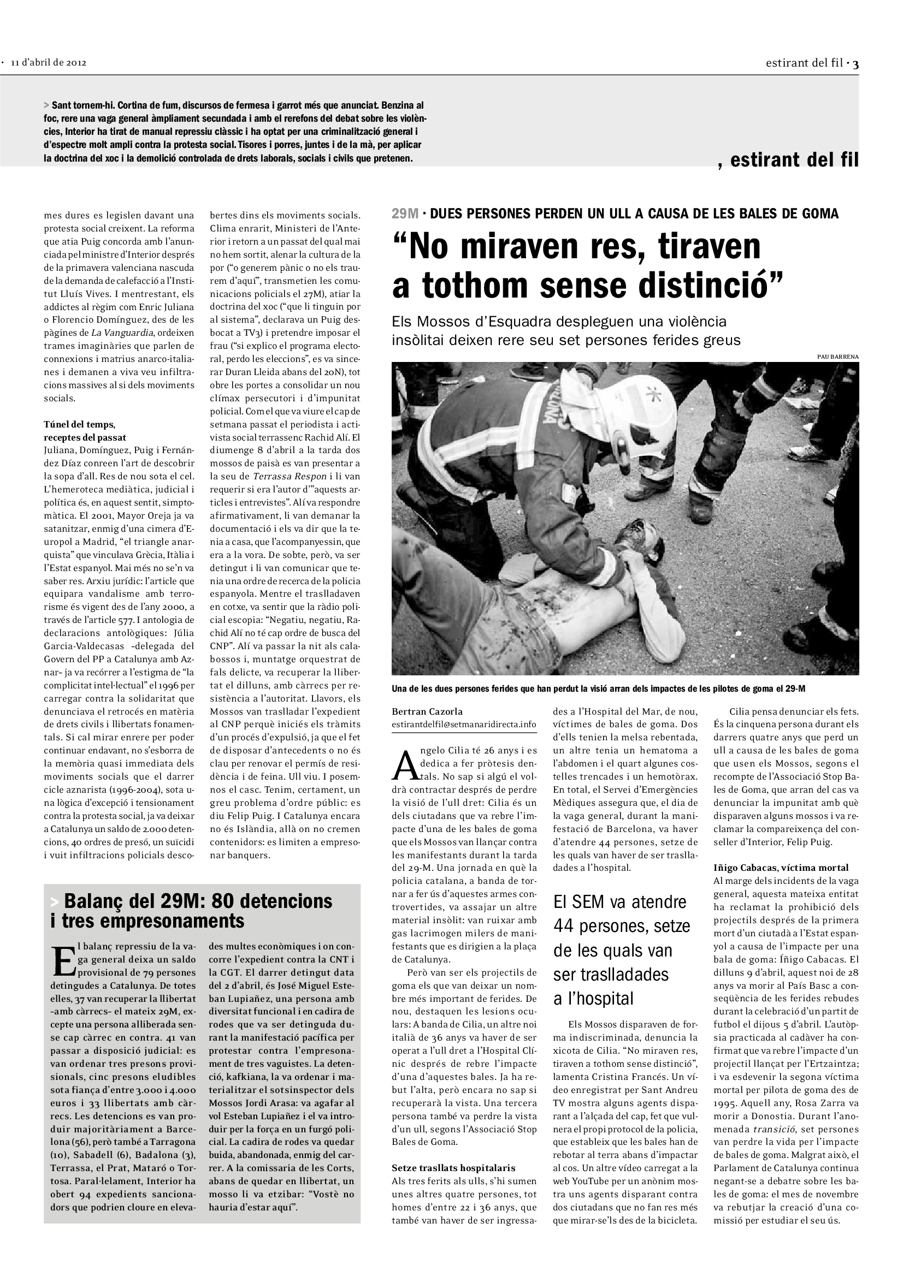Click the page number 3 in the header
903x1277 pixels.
click(x=855, y=64)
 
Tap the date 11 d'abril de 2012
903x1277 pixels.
click(x=49, y=63)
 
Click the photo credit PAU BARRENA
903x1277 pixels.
click(x=838, y=357)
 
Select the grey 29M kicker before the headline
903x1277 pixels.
click(x=405, y=213)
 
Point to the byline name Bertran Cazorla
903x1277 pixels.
click(x=427, y=711)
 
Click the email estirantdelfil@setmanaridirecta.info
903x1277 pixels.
click(x=463, y=724)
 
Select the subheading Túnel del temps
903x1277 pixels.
click(x=80, y=424)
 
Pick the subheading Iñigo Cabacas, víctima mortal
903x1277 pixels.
click(x=781, y=868)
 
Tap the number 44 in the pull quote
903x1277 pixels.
click(x=566, y=926)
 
